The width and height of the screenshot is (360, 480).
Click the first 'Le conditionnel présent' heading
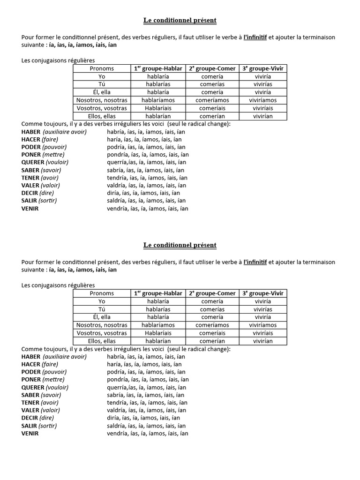click(180, 21)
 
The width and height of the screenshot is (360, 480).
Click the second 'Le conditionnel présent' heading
click(180, 245)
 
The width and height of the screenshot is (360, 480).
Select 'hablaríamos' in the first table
click(158, 100)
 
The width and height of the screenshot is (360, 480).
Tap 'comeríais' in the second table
click(212, 333)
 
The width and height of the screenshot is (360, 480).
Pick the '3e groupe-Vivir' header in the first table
click(263, 68)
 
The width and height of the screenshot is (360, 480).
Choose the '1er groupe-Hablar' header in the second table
click(158, 293)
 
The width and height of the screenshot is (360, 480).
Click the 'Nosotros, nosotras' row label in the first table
click(102, 100)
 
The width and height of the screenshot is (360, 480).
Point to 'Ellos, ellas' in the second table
click(102, 341)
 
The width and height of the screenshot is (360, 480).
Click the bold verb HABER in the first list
click(31, 132)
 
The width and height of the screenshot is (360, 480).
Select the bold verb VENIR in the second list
click(30, 434)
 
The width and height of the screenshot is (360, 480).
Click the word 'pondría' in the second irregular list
click(117, 380)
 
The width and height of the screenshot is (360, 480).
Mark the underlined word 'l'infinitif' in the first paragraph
click(255, 37)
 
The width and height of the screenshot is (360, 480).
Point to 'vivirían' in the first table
click(262, 116)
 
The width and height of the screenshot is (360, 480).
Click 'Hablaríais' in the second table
click(158, 333)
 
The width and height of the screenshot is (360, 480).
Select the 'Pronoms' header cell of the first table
click(102, 68)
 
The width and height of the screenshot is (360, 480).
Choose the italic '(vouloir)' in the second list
click(57, 387)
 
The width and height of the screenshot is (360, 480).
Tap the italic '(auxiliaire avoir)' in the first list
click(65, 132)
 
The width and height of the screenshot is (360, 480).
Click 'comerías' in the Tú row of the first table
click(212, 84)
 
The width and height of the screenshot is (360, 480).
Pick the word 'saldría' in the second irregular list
click(116, 426)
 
